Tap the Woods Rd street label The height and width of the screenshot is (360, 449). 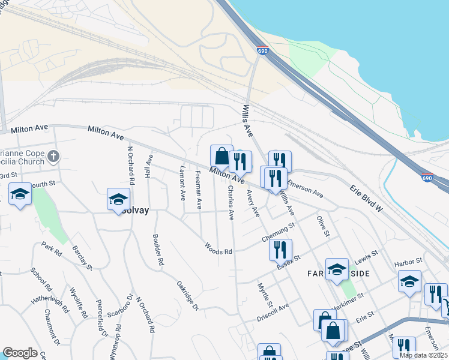(x=218, y=248)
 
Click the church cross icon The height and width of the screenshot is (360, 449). (x=53, y=157)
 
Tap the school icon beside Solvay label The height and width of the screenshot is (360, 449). (x=119, y=199)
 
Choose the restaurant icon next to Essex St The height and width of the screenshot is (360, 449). (x=280, y=250)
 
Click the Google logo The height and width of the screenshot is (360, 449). (x=20, y=353)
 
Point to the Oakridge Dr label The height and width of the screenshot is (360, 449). (x=187, y=295)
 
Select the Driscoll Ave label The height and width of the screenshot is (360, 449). (x=273, y=311)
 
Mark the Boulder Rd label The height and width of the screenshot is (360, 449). (x=158, y=250)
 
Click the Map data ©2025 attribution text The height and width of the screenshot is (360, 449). (x=423, y=355)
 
